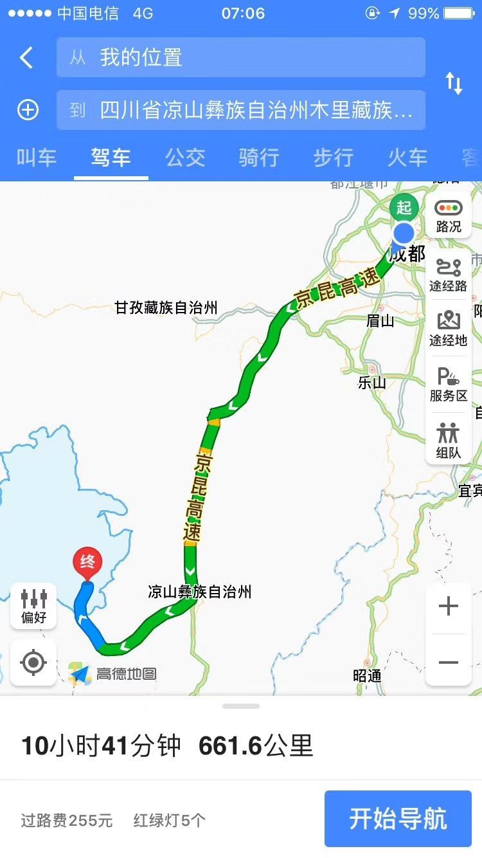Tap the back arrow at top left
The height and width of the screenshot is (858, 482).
pyautogui.click(x=26, y=58)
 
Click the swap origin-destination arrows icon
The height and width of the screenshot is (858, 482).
pyautogui.click(x=454, y=84)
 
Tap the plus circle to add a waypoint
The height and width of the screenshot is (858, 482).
pyautogui.click(x=28, y=110)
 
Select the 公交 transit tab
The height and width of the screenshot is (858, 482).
pyautogui.click(x=185, y=158)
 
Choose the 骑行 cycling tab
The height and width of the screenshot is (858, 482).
pyautogui.click(x=259, y=158)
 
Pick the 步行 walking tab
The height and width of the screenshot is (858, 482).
pyautogui.click(x=333, y=158)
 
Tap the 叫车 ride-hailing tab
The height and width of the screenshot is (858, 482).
pyautogui.click(x=37, y=158)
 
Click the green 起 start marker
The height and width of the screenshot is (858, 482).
pyautogui.click(x=404, y=207)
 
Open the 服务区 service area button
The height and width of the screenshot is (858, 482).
pyautogui.click(x=449, y=384)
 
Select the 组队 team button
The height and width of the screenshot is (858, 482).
pyautogui.click(x=449, y=441)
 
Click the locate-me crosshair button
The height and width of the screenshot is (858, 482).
pyautogui.click(x=33, y=662)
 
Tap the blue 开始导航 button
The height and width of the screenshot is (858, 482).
pyautogui.click(x=398, y=819)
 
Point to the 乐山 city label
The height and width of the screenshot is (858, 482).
pyautogui.click(x=372, y=383)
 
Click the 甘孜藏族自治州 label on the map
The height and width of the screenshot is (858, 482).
pyautogui.click(x=166, y=307)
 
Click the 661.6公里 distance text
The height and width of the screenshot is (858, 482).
pyautogui.click(x=256, y=746)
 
